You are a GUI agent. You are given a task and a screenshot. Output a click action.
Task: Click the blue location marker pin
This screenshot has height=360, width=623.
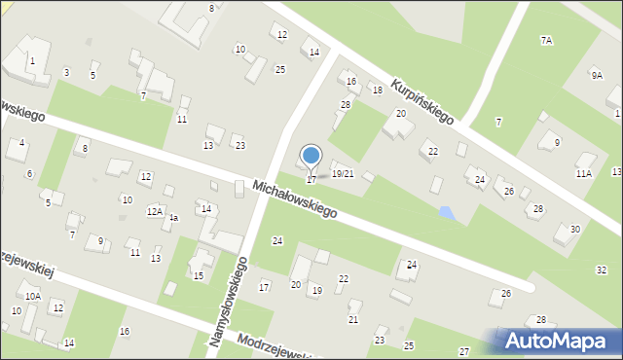point(311,157)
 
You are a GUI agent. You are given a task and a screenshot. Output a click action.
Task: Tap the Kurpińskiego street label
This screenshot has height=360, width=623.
point(422,101)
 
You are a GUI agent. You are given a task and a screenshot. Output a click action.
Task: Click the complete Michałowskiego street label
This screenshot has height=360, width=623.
point(294,198)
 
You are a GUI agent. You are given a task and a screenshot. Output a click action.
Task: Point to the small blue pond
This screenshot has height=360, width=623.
point(446,211)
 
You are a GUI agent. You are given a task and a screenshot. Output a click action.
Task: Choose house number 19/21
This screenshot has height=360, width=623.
point(343,174)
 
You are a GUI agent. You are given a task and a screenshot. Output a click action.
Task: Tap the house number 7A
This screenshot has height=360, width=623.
point(546,41)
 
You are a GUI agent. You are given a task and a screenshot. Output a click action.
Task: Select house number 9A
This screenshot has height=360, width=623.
point(596,75)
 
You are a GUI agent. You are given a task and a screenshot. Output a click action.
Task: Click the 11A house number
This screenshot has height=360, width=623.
point(583,173)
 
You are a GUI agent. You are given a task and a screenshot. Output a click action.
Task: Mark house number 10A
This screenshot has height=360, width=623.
point(32,296)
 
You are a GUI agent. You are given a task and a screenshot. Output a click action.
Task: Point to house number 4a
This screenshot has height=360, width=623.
point(173,219)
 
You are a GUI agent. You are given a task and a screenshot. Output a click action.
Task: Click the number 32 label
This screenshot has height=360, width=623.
point(601,269)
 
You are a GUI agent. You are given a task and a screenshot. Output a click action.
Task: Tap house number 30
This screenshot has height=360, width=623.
point(575,229)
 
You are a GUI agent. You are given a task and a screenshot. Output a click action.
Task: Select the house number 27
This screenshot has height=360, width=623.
point(465,351)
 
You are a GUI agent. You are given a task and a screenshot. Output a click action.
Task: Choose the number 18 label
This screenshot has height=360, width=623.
point(377,90)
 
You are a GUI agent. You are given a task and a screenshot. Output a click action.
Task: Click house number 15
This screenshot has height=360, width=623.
point(198,276)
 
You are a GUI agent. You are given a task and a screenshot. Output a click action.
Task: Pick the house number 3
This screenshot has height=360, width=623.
point(66,73)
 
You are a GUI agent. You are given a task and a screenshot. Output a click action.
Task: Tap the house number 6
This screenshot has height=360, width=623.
point(29,174)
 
